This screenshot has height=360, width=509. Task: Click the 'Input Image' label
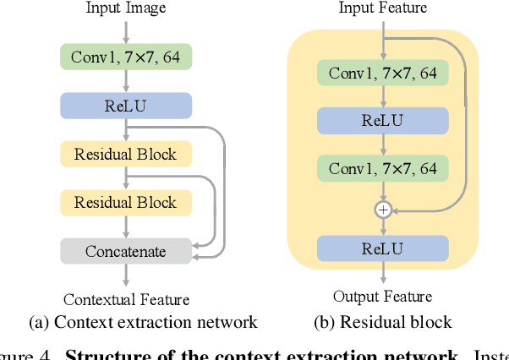pos(126,8)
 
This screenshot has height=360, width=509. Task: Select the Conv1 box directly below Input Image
pos(126,57)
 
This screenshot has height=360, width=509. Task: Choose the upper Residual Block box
pos(126,154)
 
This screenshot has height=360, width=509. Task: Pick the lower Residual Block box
pos(126,202)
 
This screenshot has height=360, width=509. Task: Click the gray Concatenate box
pos(126,251)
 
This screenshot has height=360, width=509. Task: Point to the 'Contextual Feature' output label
pos(126,299)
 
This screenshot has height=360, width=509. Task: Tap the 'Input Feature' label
pos(383,8)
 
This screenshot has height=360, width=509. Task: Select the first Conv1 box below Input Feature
pos(383,74)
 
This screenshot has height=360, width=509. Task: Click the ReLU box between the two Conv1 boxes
pos(383,121)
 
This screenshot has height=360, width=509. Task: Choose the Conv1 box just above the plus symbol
pos(383,169)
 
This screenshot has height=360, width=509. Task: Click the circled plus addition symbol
pos(383,209)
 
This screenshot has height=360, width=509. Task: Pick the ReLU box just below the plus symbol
pos(383,248)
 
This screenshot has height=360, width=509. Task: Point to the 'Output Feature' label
pos(383,297)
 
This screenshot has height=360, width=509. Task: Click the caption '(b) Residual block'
pos(383,322)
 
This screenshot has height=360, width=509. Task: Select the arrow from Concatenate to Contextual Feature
pos(126,275)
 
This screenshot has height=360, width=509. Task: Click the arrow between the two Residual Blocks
pos(126,177)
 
